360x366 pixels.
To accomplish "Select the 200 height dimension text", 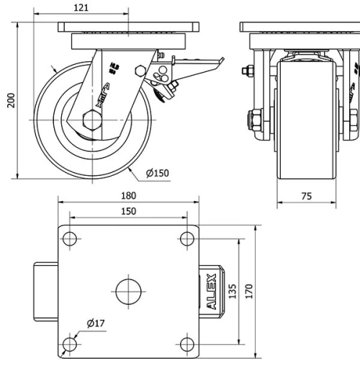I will [x=10, y=99].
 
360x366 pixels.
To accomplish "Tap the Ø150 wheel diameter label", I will [x=157, y=173].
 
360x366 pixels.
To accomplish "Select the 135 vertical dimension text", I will [x=233, y=291].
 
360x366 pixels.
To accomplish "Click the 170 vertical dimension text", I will [x=248, y=291].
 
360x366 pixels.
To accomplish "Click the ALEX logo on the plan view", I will [x=212, y=291].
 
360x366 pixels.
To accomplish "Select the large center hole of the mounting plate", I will [x=127, y=290].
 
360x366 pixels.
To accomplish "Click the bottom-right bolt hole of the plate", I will [x=186, y=343].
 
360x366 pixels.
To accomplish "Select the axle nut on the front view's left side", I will [x=255, y=117].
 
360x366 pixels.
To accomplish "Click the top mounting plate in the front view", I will [x=300, y=27].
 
